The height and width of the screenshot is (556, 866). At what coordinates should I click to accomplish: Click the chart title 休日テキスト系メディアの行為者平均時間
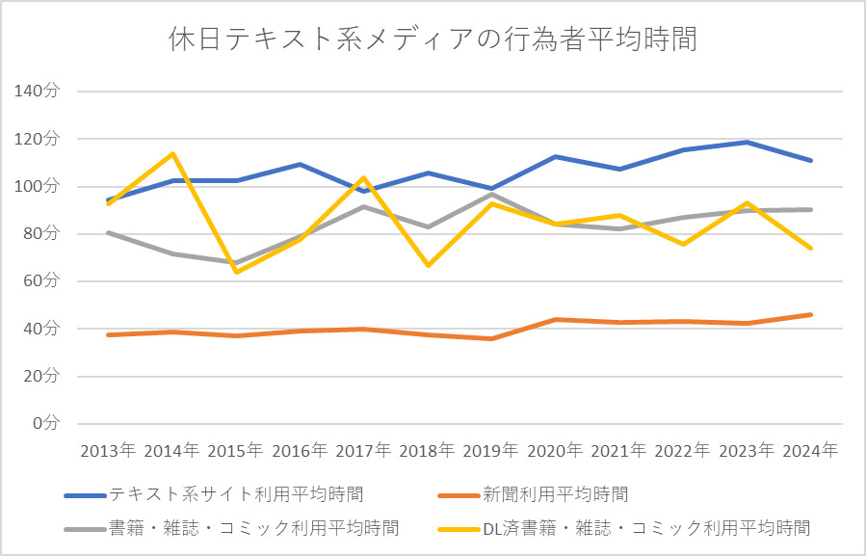click(433, 40)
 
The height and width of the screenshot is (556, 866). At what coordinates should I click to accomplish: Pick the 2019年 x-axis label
click(491, 450)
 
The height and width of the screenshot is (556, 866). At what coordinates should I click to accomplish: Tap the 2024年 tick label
click(810, 450)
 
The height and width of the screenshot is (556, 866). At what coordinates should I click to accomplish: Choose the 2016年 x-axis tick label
click(300, 450)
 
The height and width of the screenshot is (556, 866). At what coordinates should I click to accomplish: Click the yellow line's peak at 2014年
click(172, 153)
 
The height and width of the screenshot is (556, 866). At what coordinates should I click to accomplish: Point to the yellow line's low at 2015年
click(236, 272)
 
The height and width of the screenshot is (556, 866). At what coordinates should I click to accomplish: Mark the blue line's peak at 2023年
click(747, 143)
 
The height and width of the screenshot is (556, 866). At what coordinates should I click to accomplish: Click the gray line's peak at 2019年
click(491, 195)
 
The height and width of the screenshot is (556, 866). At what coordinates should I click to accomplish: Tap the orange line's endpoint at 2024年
click(811, 314)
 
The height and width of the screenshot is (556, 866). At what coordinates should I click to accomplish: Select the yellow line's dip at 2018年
click(428, 265)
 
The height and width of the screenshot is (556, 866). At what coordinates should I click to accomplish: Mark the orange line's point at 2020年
click(556, 319)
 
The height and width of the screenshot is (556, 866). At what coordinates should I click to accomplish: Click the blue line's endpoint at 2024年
click(811, 160)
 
